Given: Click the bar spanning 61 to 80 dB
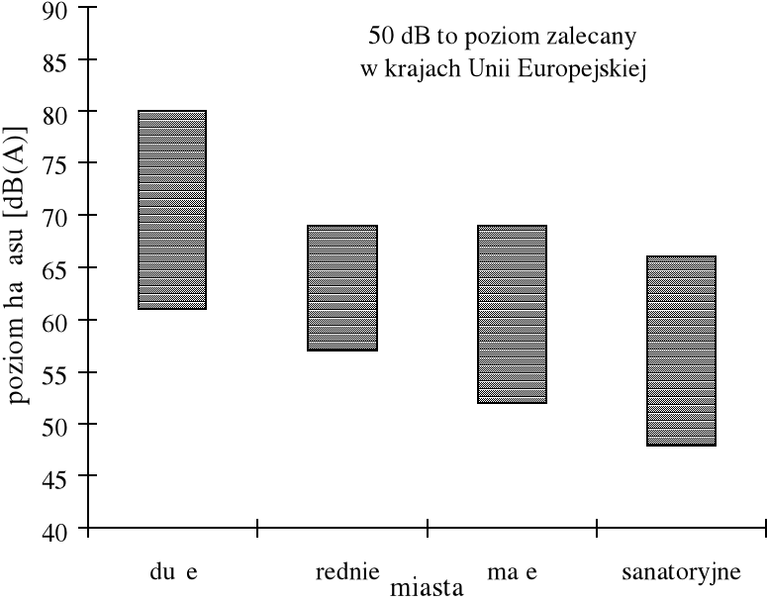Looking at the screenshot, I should pyautogui.click(x=172, y=210).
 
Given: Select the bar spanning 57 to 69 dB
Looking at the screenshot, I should pyautogui.click(x=341, y=288).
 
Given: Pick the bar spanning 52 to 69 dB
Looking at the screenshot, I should pyautogui.click(x=512, y=315).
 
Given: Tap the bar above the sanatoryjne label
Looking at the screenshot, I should pyautogui.click(x=681, y=351).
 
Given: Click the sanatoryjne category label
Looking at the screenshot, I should pyautogui.click(x=681, y=571).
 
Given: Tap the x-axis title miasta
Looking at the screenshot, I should pyautogui.click(x=427, y=588).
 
